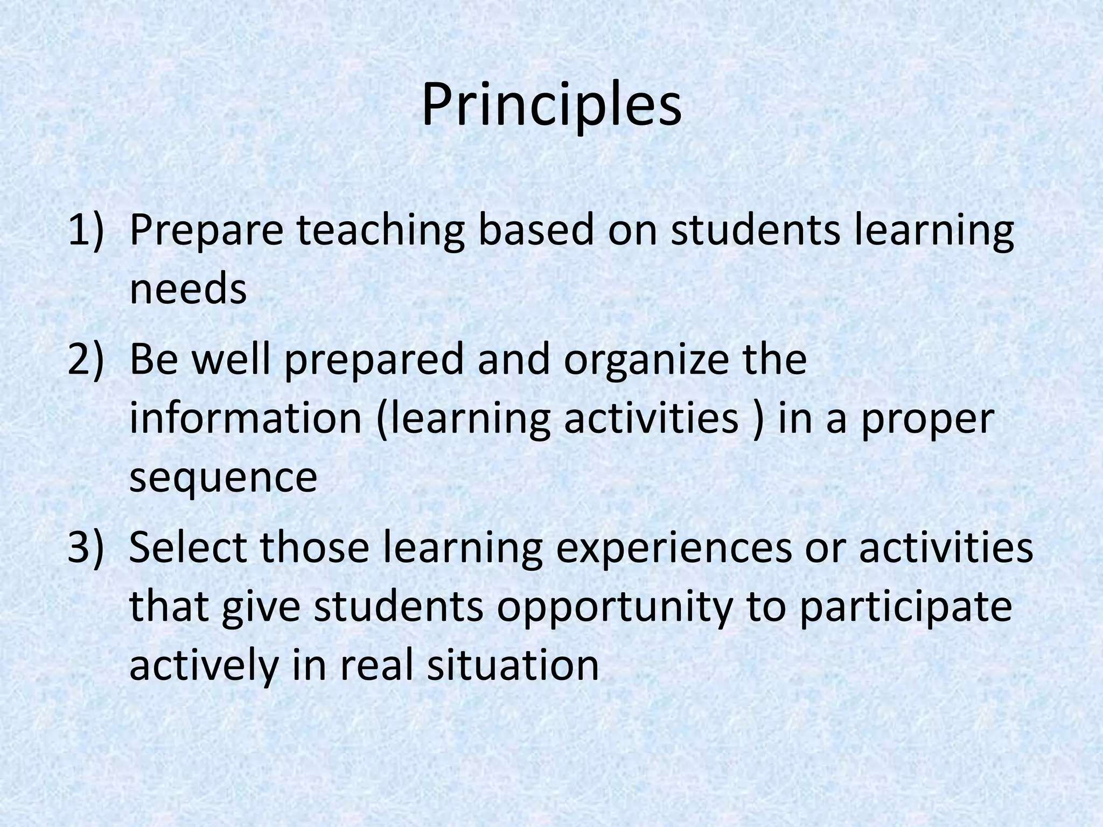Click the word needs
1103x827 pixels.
(x=188, y=290)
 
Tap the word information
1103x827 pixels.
(x=246, y=419)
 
